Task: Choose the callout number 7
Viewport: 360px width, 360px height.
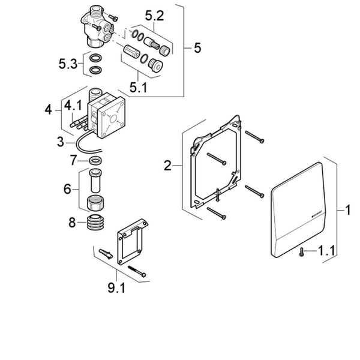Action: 74,160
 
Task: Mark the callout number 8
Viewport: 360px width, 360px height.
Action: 73,223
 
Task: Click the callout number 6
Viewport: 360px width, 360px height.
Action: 67,189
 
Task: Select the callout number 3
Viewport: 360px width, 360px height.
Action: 61,142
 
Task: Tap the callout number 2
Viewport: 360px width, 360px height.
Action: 168,166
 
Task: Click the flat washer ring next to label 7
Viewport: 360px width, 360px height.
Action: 94,161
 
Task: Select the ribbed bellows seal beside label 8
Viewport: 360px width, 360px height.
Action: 94,223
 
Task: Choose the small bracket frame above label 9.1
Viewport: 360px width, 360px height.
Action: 130,240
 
